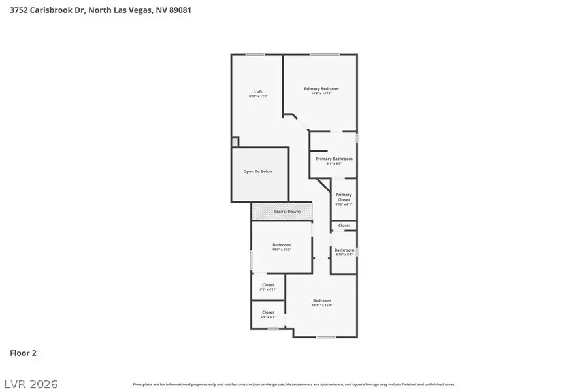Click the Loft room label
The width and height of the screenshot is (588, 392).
258,91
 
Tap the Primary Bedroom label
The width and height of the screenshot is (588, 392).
321,88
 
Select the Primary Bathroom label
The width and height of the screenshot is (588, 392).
334,159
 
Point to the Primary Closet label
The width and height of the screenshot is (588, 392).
344,197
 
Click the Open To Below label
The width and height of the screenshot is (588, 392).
258,172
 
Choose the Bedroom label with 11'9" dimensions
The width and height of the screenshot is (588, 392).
282,245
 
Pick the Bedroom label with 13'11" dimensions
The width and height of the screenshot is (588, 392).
322,301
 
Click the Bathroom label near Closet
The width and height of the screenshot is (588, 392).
344,250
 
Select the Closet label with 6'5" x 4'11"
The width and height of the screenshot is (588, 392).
268,285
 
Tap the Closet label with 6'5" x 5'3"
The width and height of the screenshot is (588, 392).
268,312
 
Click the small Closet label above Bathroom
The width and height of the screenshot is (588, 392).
344,225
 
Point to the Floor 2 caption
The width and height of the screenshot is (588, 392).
23,353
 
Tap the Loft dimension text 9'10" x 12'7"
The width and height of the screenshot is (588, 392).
258,97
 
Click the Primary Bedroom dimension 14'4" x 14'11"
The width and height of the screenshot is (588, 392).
321,94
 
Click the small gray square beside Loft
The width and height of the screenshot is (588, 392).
235,141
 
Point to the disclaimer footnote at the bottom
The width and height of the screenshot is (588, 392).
294,384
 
